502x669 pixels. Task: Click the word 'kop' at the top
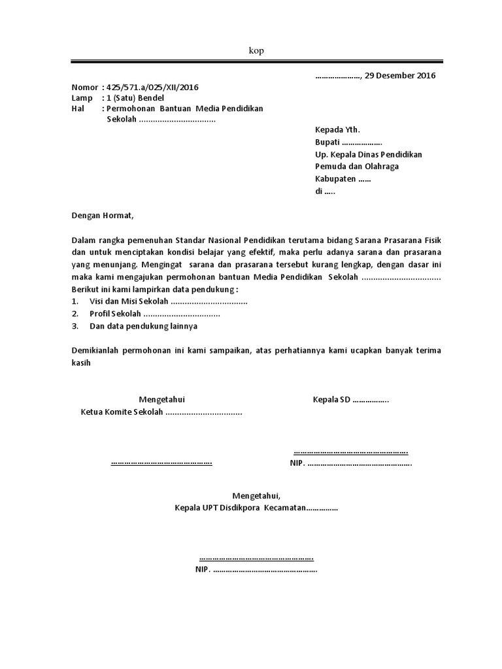pos(256,51)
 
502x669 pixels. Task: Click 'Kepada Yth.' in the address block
pos(337,130)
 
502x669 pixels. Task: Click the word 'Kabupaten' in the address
pos(335,178)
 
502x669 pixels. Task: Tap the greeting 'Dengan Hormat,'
pos(102,215)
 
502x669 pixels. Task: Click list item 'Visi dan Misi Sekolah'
pos(129,301)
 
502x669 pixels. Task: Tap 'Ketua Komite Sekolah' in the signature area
pos(121,412)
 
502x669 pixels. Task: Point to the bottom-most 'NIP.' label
pos(203,569)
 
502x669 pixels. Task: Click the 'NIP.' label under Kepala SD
pos(297,463)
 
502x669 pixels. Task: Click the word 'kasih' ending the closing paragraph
pos(81,363)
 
